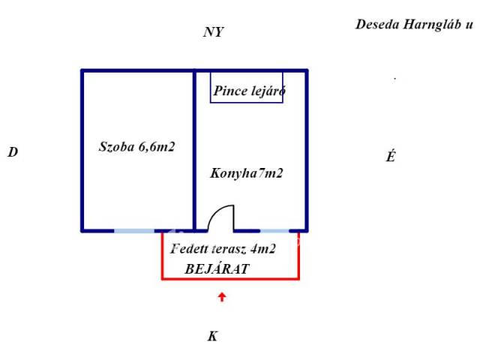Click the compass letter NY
(214, 31)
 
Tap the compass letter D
(13, 152)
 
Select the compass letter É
(391, 156)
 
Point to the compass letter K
(213, 336)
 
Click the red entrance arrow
(222, 297)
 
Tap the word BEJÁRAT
(217, 269)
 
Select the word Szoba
(117, 147)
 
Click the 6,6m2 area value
(157, 147)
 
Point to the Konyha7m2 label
(247, 173)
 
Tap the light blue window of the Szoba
(134, 231)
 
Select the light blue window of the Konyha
(274, 231)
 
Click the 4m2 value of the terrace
(263, 248)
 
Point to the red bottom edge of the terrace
(230, 278)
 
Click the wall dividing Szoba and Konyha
(194, 151)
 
